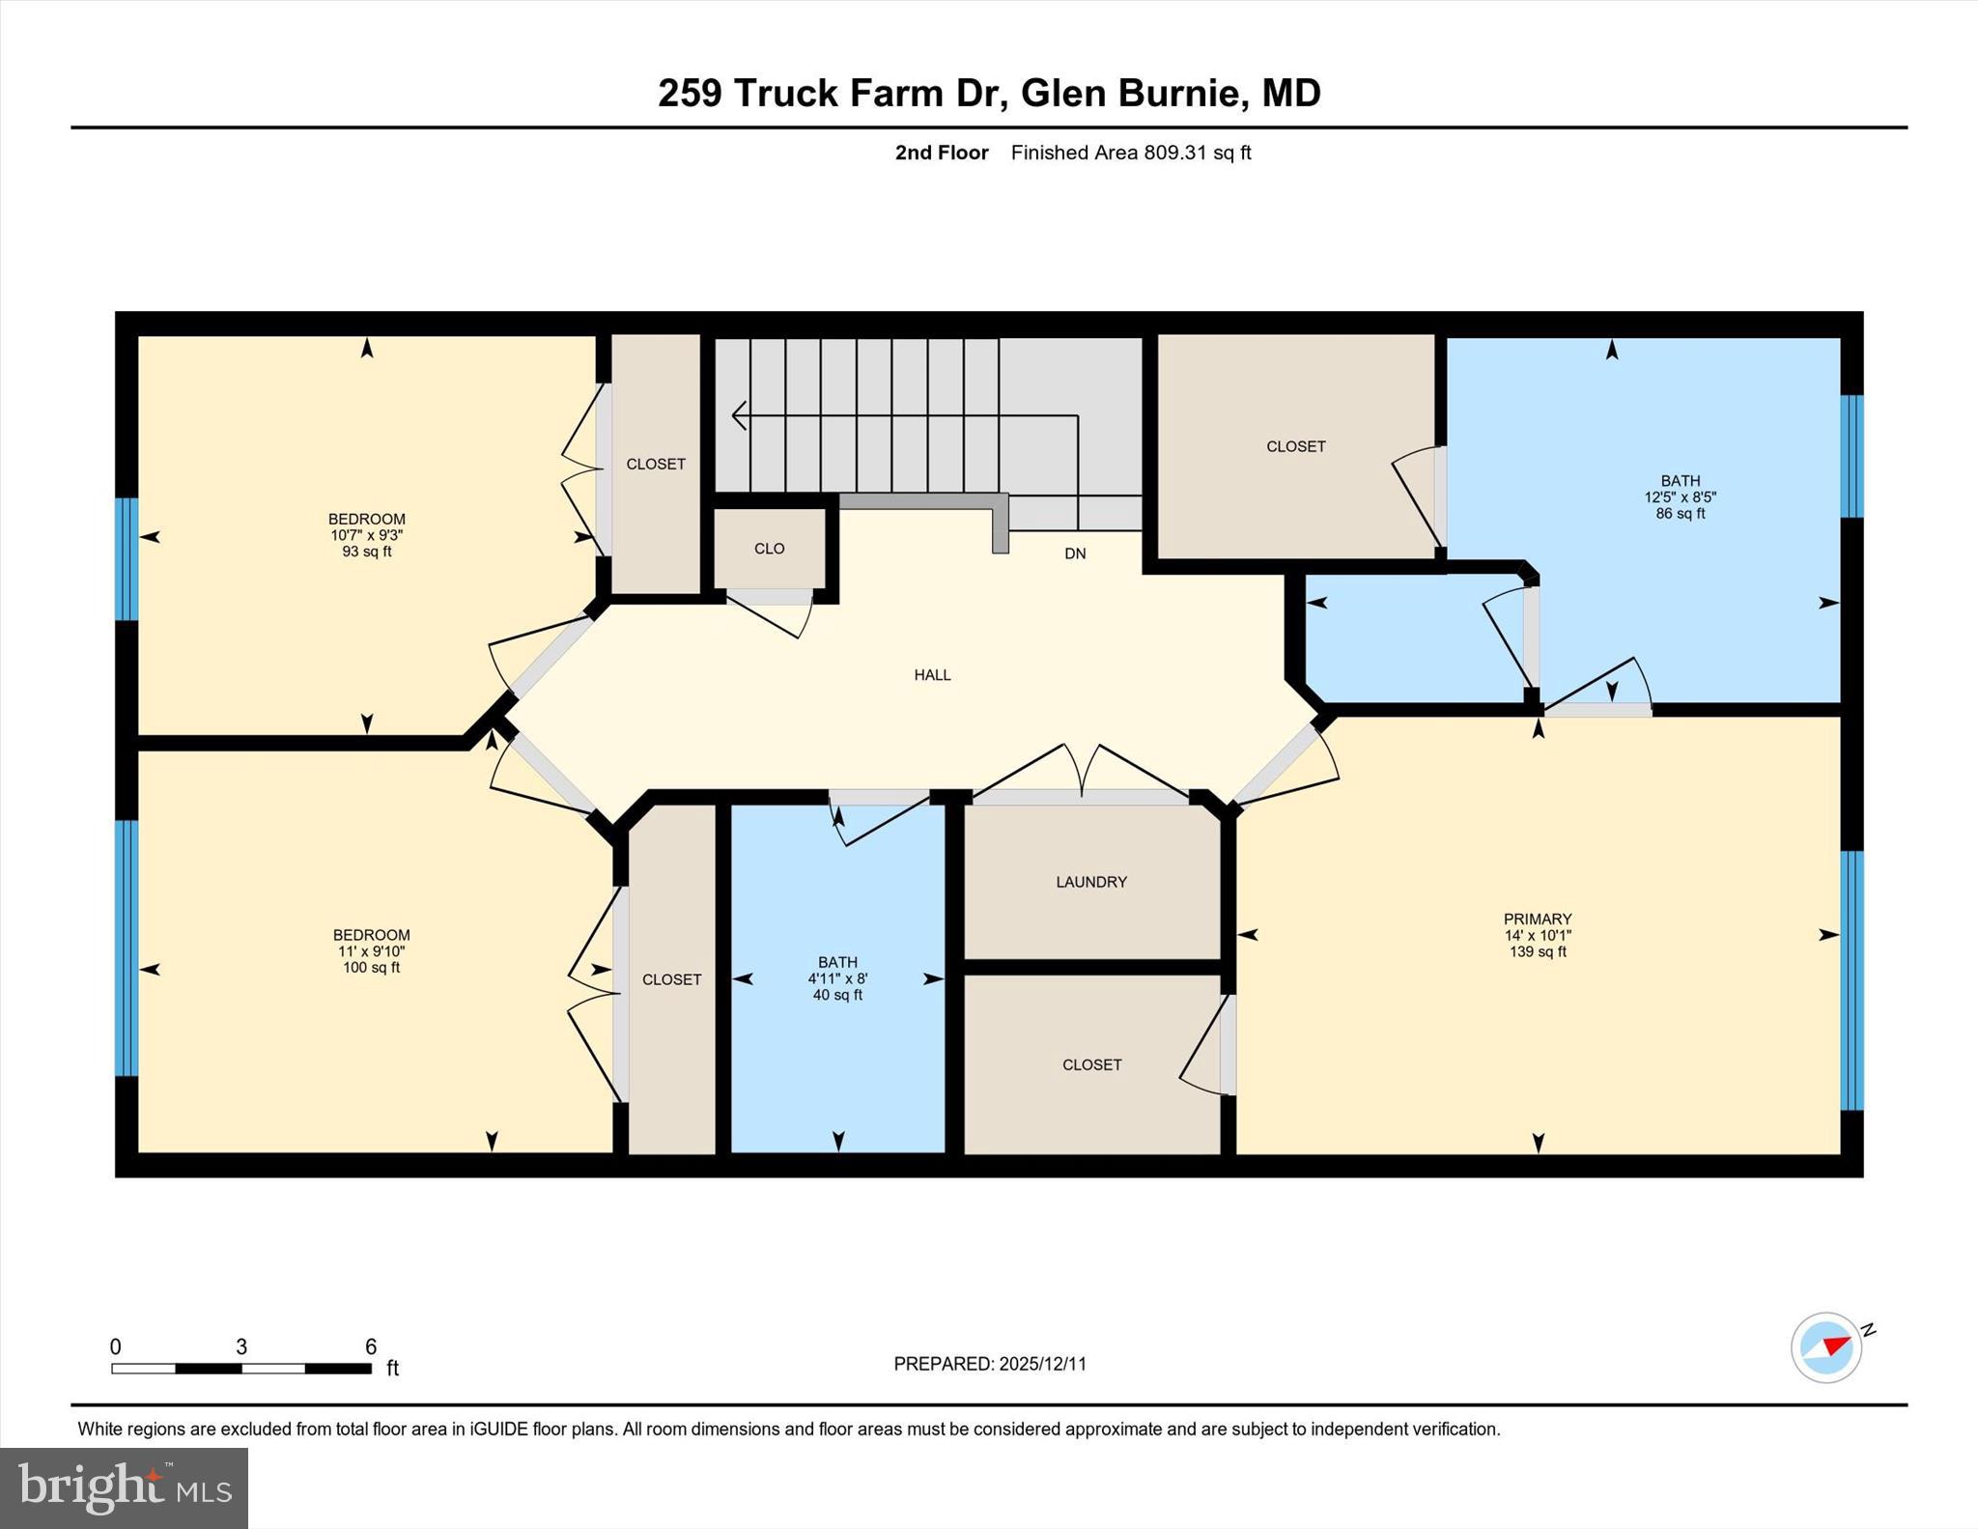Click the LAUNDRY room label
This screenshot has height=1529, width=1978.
tap(1090, 882)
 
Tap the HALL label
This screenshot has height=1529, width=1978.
tap(932, 675)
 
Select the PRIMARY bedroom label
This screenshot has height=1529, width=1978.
tap(1537, 919)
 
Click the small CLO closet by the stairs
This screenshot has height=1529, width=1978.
tap(769, 549)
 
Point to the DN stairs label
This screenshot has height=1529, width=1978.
tap(1075, 553)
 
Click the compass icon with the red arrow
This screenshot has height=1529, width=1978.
tap(1826, 1346)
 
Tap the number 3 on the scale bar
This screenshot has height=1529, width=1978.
tap(241, 1346)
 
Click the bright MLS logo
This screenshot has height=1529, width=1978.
tap(124, 1487)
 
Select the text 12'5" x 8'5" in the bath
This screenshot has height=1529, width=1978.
tap(1680, 497)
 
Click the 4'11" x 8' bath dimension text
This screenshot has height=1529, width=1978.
tap(837, 978)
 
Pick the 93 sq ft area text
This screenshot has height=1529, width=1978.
tap(366, 552)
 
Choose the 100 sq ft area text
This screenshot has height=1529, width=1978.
tap(371, 968)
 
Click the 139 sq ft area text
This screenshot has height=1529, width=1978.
tap(1537, 951)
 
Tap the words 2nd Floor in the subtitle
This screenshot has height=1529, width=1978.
tap(941, 153)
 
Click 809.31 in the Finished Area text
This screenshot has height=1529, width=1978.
tap(1174, 153)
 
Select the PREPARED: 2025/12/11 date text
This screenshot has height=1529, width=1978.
tap(989, 1364)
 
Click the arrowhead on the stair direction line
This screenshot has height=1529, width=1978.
tap(738, 415)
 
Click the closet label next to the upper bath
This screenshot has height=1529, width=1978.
tap(1295, 446)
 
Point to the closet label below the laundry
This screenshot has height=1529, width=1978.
tap(1091, 1064)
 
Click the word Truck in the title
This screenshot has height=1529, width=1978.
tap(785, 94)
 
